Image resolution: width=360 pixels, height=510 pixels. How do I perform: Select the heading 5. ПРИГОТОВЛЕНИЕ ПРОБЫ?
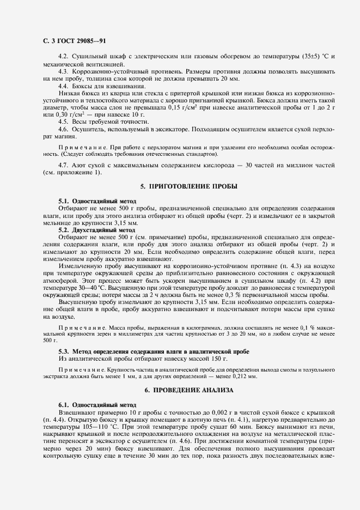click(x=188, y=186)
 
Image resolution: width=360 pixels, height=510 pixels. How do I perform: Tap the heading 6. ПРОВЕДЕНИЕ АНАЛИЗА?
click(x=188, y=391)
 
